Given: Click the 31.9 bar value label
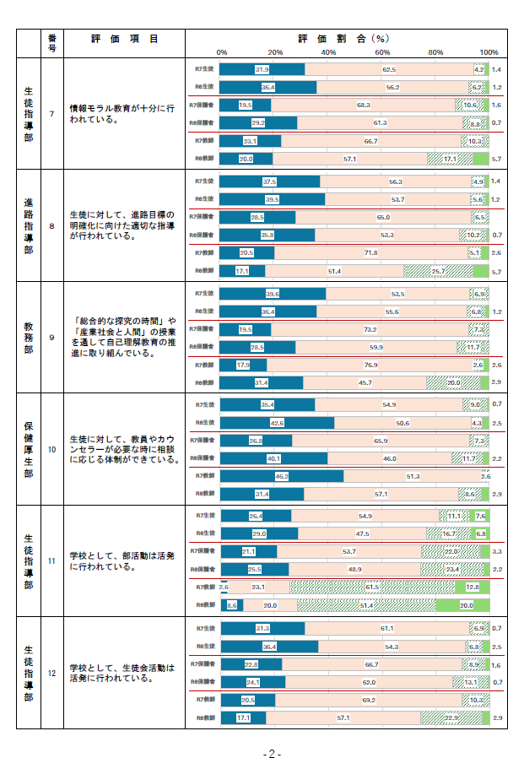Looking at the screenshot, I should click(x=262, y=69).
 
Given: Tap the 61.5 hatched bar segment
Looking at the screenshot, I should click(x=372, y=587).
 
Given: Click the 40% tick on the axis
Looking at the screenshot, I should click(x=328, y=52).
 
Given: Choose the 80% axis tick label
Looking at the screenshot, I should click(x=435, y=52).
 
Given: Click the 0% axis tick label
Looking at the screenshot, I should click(x=221, y=52).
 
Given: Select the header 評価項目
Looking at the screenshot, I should click(x=124, y=39).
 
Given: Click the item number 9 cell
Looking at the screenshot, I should click(x=51, y=338).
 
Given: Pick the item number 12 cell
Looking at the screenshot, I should click(x=51, y=673).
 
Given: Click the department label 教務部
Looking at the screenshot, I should click(x=29, y=338).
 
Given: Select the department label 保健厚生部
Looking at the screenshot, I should click(x=29, y=449).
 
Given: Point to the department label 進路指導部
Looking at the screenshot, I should click(x=29, y=225).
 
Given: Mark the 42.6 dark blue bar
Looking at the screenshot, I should click(x=277, y=422).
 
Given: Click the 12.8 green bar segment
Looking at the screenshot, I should click(x=473, y=587).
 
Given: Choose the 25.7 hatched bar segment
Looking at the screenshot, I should click(x=438, y=271).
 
